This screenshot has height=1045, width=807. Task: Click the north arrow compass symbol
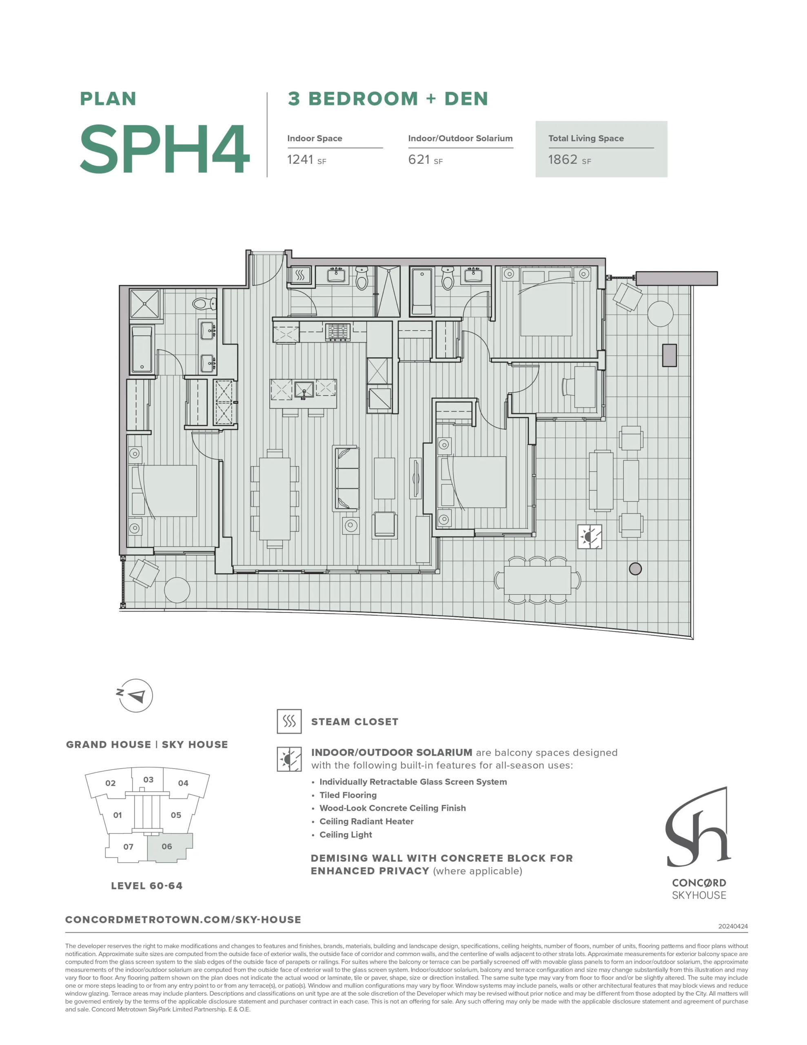[x=135, y=695]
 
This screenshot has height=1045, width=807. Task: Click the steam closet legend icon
[x=289, y=721]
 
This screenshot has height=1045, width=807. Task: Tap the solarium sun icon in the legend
[x=289, y=759]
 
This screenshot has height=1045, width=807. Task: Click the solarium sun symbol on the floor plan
[x=590, y=536]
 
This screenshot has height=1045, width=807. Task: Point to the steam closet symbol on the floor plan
[x=300, y=275]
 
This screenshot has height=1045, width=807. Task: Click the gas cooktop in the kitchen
[x=338, y=331]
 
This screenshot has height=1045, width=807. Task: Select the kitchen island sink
[x=304, y=389]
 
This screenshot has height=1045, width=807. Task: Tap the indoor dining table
[x=275, y=498]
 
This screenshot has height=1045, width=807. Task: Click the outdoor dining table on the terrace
[x=538, y=580]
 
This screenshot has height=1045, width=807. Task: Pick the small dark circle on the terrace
[x=635, y=569]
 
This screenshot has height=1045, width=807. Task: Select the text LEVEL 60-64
[x=147, y=886]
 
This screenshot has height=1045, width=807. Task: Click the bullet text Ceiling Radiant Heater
[x=366, y=821]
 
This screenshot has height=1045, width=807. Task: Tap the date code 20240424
[x=733, y=926]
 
